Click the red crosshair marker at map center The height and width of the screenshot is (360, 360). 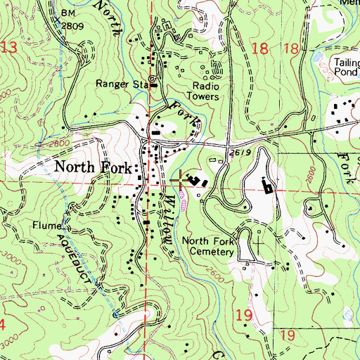(180, 181)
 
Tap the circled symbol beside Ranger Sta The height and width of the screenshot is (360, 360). (150, 79)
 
